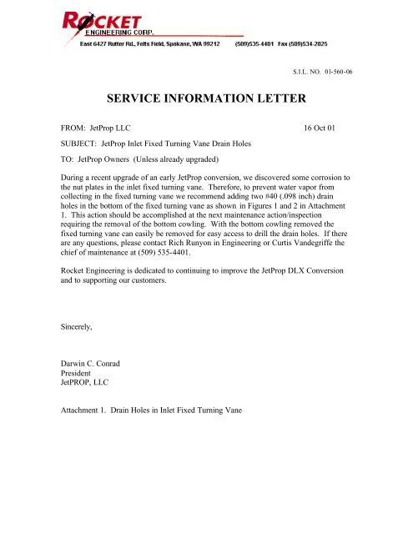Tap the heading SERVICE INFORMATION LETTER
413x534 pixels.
207,100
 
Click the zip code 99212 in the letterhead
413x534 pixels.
209,44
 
